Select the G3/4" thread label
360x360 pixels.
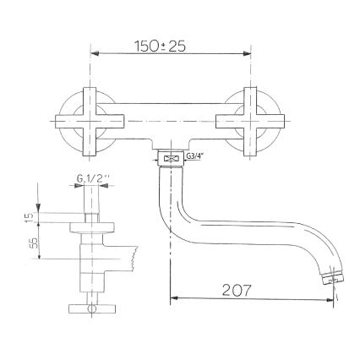point(195,157)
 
